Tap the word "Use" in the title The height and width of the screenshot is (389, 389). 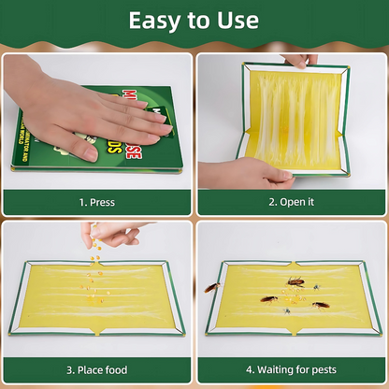[238, 21]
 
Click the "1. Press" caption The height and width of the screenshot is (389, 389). [97, 201]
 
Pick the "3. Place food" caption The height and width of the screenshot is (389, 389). [96, 369]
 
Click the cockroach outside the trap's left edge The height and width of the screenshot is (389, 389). [213, 287]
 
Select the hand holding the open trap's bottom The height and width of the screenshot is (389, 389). [238, 171]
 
